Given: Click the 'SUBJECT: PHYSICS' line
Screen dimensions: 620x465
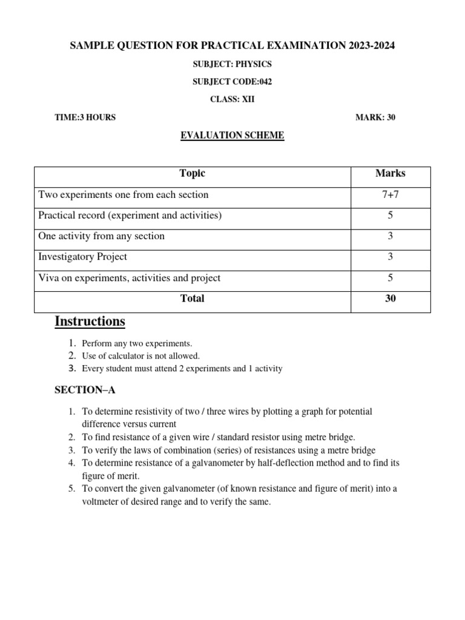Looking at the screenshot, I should click(x=232, y=64).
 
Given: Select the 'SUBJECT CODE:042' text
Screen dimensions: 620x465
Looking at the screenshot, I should click(x=232, y=82).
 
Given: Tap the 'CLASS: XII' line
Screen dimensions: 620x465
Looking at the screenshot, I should click(x=232, y=99).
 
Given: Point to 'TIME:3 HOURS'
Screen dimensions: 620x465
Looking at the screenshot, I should click(x=85, y=117).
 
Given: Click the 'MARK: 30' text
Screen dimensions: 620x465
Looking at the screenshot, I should click(x=375, y=117).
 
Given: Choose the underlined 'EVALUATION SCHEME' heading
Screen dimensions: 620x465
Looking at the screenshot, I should click(x=232, y=136).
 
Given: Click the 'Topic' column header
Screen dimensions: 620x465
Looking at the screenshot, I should click(x=193, y=174).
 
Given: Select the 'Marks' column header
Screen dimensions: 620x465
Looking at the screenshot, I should click(x=391, y=174).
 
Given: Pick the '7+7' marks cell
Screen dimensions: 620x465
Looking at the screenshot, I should click(x=391, y=195).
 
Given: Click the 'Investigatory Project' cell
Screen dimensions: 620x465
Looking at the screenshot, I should click(x=83, y=257).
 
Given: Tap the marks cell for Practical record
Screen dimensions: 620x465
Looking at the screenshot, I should click(x=391, y=216).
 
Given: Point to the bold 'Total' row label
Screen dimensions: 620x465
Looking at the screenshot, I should click(x=193, y=298).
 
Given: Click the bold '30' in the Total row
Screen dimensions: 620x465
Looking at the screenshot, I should click(x=391, y=298).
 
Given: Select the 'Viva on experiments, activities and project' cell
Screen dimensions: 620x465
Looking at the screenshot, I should click(x=130, y=278).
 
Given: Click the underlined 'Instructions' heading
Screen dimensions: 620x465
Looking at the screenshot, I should click(x=90, y=321).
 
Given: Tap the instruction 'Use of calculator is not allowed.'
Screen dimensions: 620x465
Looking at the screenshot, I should click(x=140, y=356).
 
